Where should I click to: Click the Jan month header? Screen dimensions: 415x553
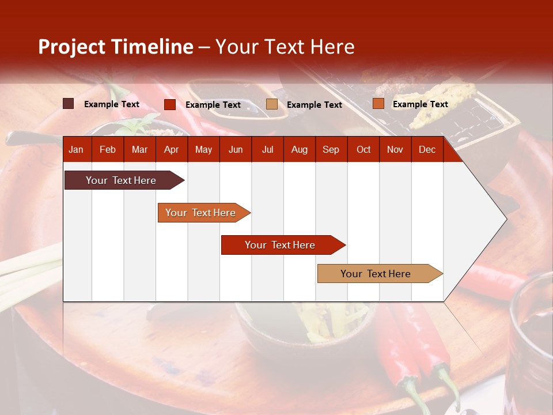click(76, 150)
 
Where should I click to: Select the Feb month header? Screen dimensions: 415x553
click(108, 150)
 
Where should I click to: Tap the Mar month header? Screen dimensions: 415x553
click(139, 150)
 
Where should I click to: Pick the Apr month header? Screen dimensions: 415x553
click(171, 150)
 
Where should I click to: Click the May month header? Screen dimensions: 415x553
click(203, 150)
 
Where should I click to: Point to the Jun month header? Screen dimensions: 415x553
click(236, 150)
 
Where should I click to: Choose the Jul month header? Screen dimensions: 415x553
click(267, 150)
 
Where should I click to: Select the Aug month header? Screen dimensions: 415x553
click(299, 150)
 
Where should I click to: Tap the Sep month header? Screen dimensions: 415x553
click(331, 150)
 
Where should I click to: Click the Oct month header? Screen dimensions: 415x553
click(363, 150)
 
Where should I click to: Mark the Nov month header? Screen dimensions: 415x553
click(395, 150)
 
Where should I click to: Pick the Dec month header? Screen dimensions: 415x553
click(427, 150)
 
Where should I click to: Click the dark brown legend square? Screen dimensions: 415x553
click(69, 104)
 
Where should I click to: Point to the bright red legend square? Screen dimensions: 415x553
click(170, 104)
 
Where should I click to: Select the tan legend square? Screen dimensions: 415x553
click(272, 104)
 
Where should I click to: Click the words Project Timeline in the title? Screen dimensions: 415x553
click(116, 47)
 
